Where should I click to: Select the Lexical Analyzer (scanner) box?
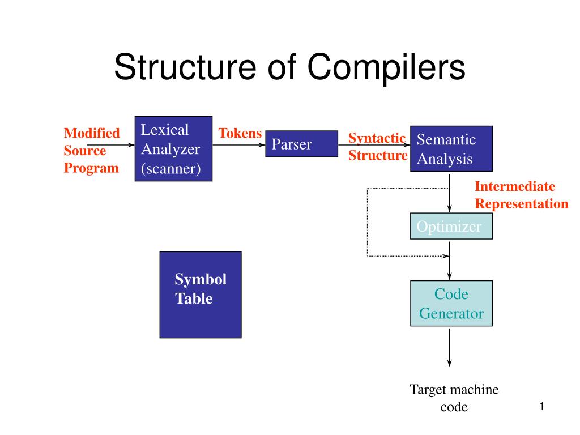tap(173, 148)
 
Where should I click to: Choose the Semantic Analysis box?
tap(451, 148)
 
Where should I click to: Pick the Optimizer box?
tap(451, 227)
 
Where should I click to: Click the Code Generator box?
tap(451, 303)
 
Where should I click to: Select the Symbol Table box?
tap(201, 295)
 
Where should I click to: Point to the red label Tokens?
tap(240, 134)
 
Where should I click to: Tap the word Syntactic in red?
tap(377, 138)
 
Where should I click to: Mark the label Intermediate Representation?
tap(521, 195)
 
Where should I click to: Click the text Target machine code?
tap(454, 398)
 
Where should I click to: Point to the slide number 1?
tap(541, 406)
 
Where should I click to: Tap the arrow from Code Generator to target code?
tap(450, 347)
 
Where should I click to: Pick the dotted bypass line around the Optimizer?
tap(368, 222)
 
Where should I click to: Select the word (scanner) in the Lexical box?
tap(170, 168)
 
